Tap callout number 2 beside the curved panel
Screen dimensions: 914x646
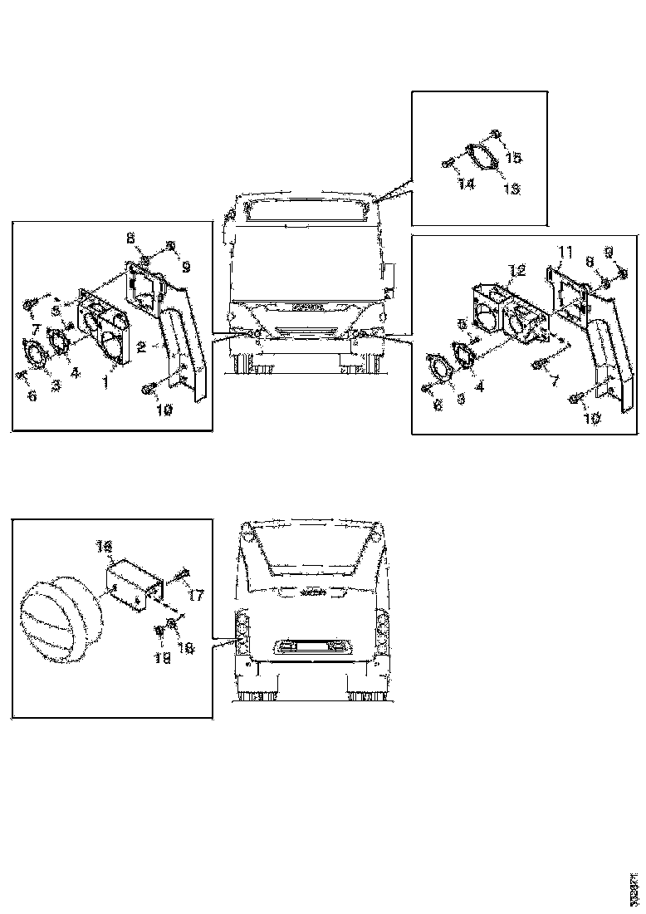[144, 347]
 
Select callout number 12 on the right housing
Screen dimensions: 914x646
[517, 270]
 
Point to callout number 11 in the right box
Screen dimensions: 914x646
[565, 251]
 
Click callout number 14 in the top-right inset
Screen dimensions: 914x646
[467, 184]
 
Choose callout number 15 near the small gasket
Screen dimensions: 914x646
[514, 157]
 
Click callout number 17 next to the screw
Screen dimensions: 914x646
[196, 596]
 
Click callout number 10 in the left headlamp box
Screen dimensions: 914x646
[165, 410]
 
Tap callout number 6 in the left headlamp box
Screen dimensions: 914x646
[32, 397]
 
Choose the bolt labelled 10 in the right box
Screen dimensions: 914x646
[575, 401]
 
